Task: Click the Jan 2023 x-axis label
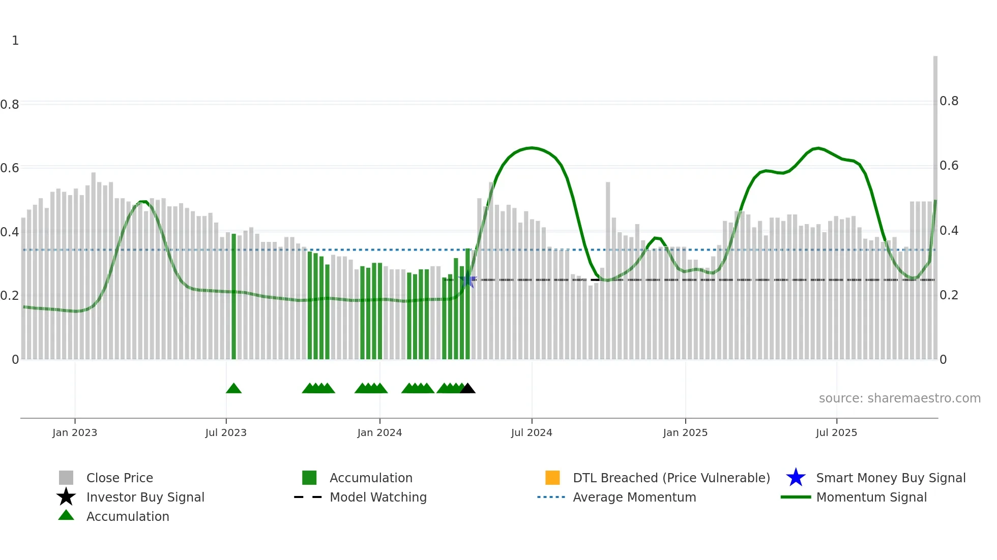click(x=75, y=432)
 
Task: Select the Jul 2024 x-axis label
click(x=532, y=432)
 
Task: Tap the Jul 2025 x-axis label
click(x=836, y=432)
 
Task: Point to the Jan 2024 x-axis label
click(x=379, y=432)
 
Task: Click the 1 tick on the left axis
click(x=15, y=41)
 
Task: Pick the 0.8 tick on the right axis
click(x=949, y=101)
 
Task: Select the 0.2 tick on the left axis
click(x=10, y=295)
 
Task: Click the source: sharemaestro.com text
click(x=899, y=398)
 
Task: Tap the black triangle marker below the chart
click(x=467, y=389)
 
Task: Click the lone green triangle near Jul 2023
click(x=233, y=389)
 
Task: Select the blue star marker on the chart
click(x=467, y=280)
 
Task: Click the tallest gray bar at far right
click(x=935, y=203)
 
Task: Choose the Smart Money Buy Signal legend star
click(x=796, y=478)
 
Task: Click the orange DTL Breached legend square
click(x=552, y=478)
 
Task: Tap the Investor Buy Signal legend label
click(x=145, y=497)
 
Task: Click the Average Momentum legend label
click(x=634, y=497)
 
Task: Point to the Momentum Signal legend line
click(x=796, y=497)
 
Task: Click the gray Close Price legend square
click(x=66, y=478)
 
